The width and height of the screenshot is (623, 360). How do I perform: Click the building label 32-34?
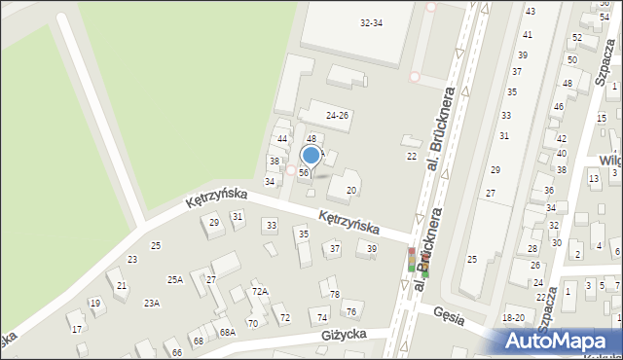(371, 22)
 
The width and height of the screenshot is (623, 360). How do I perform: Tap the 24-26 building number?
(337, 115)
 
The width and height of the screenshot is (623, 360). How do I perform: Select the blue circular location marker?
(311, 155)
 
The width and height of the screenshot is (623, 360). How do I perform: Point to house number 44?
(282, 139)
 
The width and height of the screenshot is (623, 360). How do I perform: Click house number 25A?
(174, 280)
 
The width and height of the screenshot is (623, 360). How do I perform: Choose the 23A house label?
(152, 304)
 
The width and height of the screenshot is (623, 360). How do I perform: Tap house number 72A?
(259, 291)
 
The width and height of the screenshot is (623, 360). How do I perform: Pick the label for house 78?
(335, 294)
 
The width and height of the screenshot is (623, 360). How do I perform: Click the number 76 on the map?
(350, 311)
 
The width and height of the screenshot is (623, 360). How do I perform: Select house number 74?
(322, 318)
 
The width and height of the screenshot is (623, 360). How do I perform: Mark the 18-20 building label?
(513, 318)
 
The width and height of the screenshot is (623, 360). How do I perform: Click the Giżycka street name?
(348, 335)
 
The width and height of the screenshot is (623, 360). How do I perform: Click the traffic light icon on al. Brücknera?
(411, 261)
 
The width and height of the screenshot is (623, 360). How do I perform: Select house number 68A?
(227, 333)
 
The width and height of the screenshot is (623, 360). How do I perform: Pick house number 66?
(177, 352)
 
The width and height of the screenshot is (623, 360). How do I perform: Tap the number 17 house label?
(76, 329)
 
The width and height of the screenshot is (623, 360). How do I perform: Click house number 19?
(94, 304)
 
